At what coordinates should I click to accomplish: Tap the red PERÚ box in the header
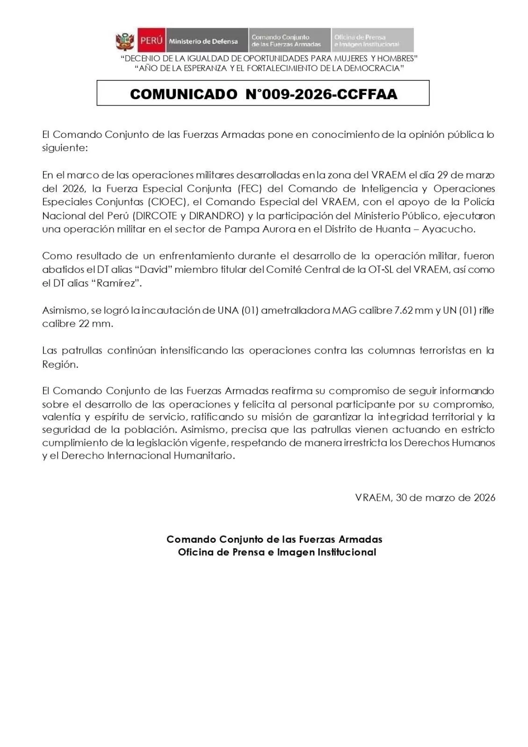coord(151,41)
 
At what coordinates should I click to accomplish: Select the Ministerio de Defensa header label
coord(203,41)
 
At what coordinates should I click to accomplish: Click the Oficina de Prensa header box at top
coord(373,41)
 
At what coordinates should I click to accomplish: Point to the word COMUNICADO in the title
coord(183,94)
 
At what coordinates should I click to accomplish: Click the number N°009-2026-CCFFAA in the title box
coord(321,94)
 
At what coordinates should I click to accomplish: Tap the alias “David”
coord(153,269)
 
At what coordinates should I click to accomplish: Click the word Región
coord(60,365)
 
